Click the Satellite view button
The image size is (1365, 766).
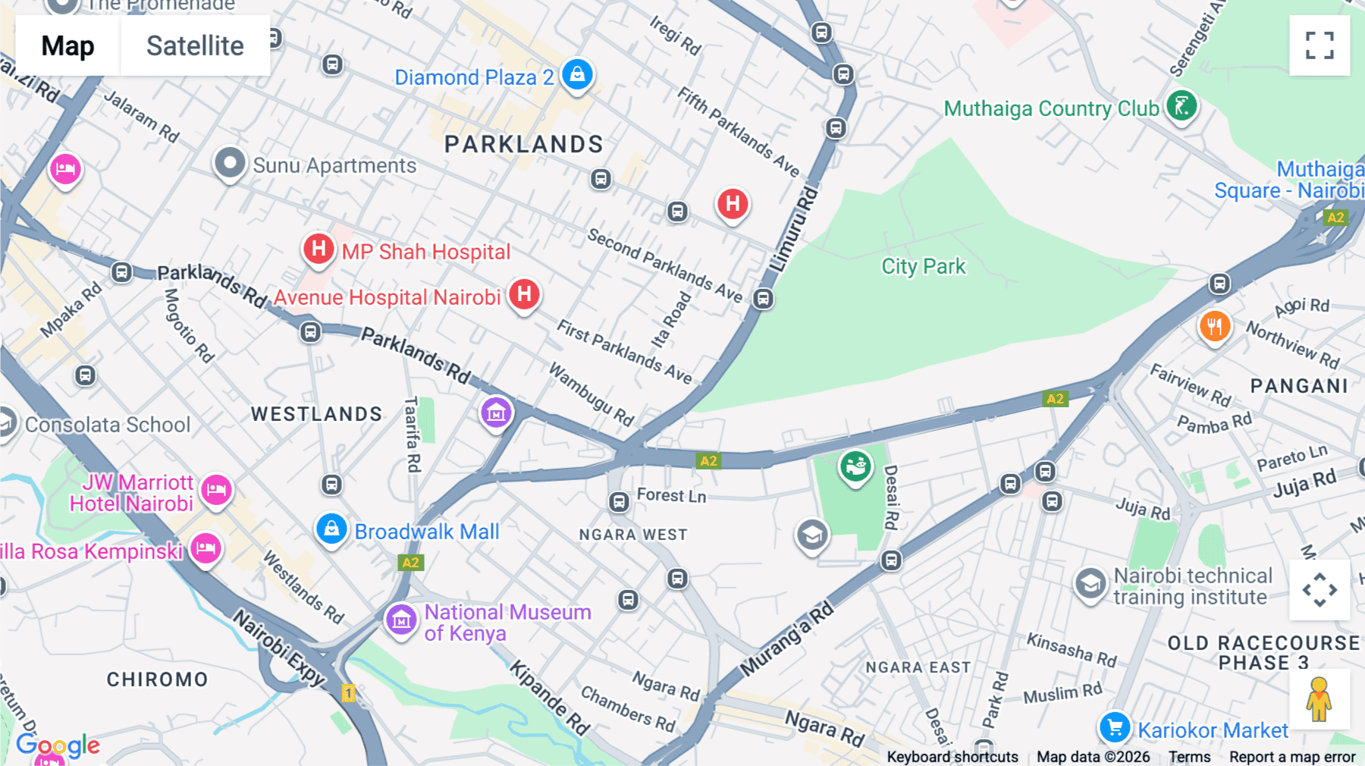coord(195,46)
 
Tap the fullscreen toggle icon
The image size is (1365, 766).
coord(1319,46)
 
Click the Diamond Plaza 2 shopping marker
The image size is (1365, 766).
coord(577,75)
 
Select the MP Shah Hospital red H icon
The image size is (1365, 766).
coord(319,249)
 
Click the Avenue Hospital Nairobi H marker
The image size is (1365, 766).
coord(524,294)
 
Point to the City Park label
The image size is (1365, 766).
coord(923,266)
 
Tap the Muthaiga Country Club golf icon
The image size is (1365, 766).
coord(1181,106)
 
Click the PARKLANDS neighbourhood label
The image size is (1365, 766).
coord(523,144)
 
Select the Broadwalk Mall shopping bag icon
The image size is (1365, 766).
coord(331,529)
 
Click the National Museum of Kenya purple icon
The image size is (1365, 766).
coord(400,620)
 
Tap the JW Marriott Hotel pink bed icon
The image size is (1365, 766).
coord(216,490)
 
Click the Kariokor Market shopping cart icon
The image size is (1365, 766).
coord(1115,728)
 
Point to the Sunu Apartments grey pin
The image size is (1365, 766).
coord(230,163)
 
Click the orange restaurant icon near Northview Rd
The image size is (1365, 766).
coord(1214,327)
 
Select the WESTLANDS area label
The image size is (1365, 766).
coord(316,414)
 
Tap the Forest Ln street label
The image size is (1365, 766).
coord(671,495)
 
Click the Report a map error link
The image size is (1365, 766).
coord(1292,757)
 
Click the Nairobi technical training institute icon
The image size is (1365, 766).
coord(1090,584)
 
